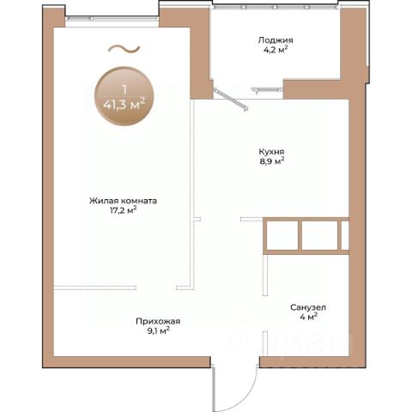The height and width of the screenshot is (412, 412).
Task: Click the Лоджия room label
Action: pos(276,40)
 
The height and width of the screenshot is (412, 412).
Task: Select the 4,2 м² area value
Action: pos(276,50)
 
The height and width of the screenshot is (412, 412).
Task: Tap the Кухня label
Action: pos(271,152)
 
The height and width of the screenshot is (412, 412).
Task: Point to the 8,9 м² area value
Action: pos(272,161)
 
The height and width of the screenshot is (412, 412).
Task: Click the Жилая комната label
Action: pos(123,201)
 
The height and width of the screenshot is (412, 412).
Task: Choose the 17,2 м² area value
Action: pos(123,210)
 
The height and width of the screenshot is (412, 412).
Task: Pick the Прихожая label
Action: pos(158,322)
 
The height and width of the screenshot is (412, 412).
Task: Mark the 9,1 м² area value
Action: pos(158,331)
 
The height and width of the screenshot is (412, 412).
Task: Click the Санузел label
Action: pos(308,307)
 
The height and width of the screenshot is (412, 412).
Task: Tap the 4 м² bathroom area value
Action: pos(308,317)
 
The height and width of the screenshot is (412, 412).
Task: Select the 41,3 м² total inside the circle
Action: pos(124,104)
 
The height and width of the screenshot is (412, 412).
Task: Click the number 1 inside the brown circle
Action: pos(124,90)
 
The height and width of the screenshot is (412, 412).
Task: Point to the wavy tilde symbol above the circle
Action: pos(124,49)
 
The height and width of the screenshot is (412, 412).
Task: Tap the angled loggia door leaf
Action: pos(231,100)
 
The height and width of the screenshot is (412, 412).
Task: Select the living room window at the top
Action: pos(112,19)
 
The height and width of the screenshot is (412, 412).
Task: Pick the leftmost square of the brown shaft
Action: pos(282,235)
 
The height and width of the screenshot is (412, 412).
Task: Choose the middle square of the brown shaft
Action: pos(320,235)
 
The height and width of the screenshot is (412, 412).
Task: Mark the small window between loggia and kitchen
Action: pos(267,90)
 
